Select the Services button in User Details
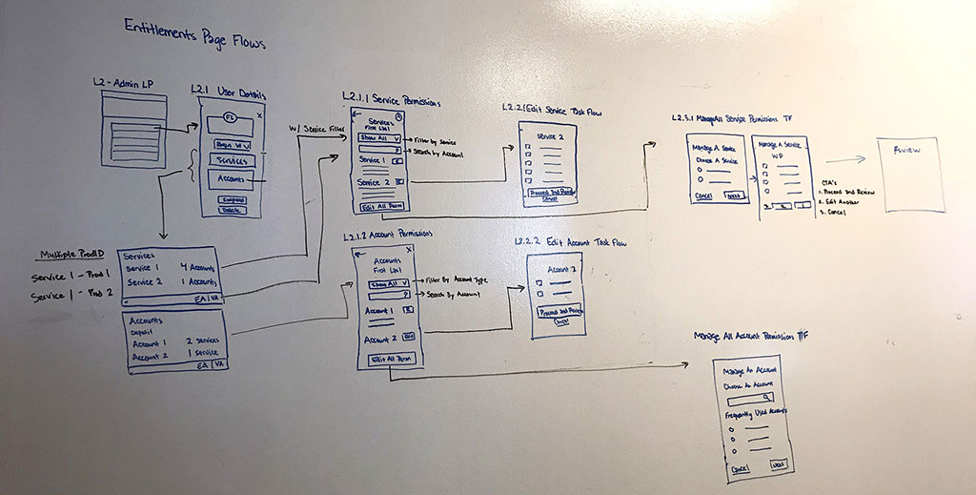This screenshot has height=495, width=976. (231, 161)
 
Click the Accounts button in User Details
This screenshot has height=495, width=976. (231, 179)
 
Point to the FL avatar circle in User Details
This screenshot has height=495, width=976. (230, 117)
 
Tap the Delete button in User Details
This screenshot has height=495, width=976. (230, 210)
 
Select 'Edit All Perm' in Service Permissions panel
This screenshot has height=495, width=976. (379, 206)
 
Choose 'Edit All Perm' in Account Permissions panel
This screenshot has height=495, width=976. (389, 359)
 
